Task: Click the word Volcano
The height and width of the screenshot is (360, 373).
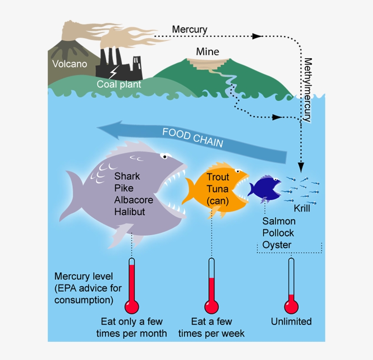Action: pyautogui.click(x=69, y=64)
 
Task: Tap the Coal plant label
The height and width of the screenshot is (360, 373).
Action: pyautogui.click(x=119, y=84)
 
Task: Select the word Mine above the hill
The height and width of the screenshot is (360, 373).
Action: pyautogui.click(x=207, y=52)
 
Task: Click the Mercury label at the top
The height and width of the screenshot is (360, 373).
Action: pyautogui.click(x=189, y=30)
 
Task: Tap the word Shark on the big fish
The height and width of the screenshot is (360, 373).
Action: pyautogui.click(x=127, y=176)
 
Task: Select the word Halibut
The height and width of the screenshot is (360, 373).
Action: pyautogui.click(x=130, y=212)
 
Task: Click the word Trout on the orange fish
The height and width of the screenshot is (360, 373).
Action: pyautogui.click(x=217, y=177)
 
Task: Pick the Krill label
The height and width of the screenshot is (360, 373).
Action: pyautogui.click(x=301, y=209)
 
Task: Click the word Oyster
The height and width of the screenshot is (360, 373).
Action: pyautogui.click(x=277, y=245)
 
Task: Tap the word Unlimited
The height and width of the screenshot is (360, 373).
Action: pyautogui.click(x=291, y=322)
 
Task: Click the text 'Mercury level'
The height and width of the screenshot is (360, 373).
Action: pyautogui.click(x=83, y=277)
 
